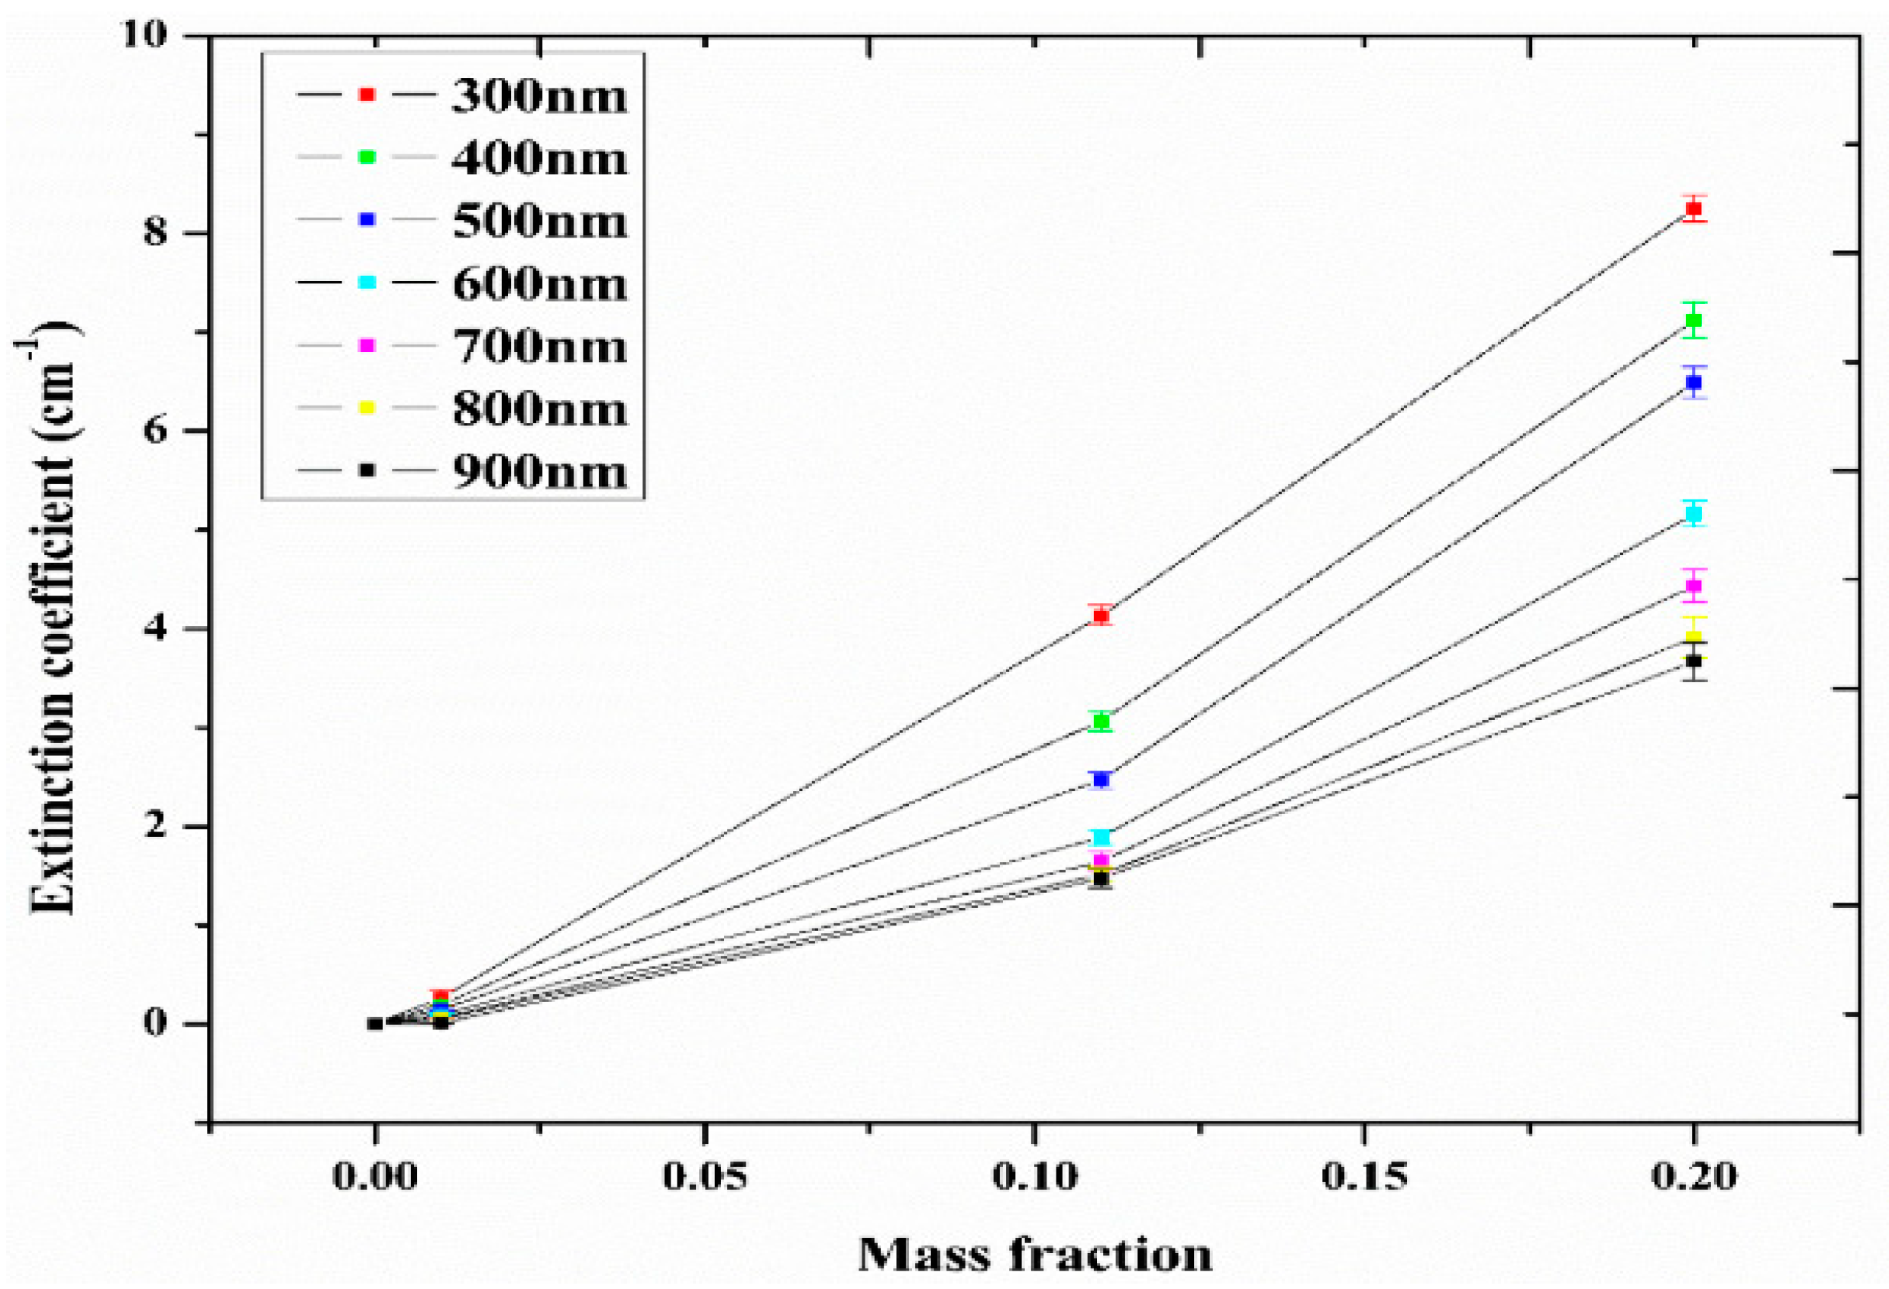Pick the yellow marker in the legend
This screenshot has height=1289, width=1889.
pyautogui.click(x=367, y=408)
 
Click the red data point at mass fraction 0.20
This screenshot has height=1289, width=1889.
pyautogui.click(x=1694, y=209)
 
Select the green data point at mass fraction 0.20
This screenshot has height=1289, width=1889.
pyautogui.click(x=1694, y=320)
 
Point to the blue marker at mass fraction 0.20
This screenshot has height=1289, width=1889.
pyautogui.click(x=1694, y=382)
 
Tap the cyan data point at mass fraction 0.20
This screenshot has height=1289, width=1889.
pyautogui.click(x=1694, y=514)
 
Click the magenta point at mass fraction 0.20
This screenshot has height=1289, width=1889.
pyautogui.click(x=1694, y=585)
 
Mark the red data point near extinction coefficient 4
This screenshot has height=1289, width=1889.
pyautogui.click(x=1101, y=616)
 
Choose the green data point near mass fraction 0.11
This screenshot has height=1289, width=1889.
pyautogui.click(x=1101, y=721)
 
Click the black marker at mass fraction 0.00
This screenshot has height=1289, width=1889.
pyautogui.click(x=375, y=1024)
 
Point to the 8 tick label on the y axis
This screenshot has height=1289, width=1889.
pyautogui.click(x=154, y=233)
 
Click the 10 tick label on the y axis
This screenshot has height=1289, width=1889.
pyautogui.click(x=144, y=35)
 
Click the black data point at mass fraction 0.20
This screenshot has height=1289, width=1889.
pyautogui.click(x=1694, y=661)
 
